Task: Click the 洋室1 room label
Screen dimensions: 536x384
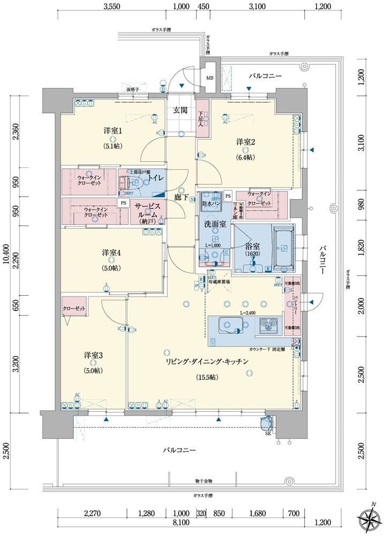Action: click(x=113, y=131)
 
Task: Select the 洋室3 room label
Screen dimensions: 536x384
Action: click(x=93, y=355)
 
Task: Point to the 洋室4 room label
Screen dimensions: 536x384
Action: click(x=112, y=252)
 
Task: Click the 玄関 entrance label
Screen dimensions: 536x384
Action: click(x=180, y=110)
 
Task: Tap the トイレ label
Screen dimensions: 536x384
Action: click(x=156, y=177)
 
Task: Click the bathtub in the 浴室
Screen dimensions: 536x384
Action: click(x=283, y=244)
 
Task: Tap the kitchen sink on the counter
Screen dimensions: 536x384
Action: click(x=231, y=324)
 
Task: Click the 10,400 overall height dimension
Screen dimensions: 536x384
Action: click(x=5, y=252)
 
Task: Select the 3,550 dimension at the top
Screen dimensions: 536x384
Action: click(x=111, y=6)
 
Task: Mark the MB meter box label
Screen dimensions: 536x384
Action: click(x=209, y=77)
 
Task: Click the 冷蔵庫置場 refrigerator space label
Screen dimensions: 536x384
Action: click(x=220, y=281)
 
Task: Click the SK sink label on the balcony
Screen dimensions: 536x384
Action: click(x=267, y=434)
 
